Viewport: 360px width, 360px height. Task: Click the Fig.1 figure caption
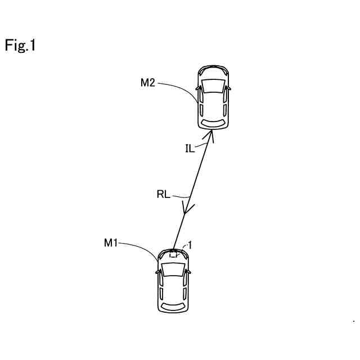pos(21,46)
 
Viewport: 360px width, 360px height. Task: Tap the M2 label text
pos(148,83)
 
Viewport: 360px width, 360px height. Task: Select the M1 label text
pos(111,243)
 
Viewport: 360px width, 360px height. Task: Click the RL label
pos(163,195)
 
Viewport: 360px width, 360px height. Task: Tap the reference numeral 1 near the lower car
pos(190,245)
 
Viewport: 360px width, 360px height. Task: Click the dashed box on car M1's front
pos(174,254)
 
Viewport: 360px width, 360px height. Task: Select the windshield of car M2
pos(213,85)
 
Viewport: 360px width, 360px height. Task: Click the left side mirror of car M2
pos(197,88)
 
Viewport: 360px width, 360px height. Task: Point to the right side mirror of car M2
pos(229,88)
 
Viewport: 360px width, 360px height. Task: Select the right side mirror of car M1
pos(188,272)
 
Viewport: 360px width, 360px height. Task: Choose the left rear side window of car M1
pos(161,292)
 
